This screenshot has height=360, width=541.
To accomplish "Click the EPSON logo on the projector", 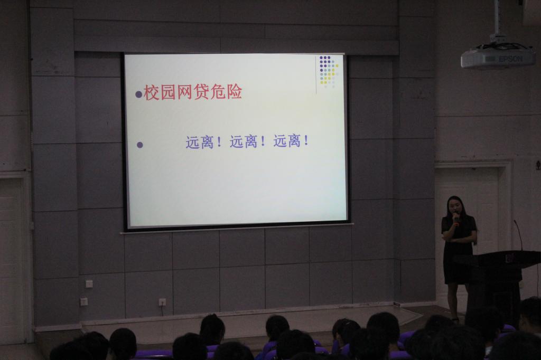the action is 511,59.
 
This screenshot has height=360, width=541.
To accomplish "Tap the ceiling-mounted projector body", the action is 498,56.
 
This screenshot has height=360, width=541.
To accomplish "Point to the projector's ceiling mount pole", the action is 498,19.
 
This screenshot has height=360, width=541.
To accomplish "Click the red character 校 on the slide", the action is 152,92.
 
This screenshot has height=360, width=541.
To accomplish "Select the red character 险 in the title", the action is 235,92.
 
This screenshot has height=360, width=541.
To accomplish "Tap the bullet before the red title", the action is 139,94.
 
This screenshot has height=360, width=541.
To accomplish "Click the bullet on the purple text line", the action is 139,145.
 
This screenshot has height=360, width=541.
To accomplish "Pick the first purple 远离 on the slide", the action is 200,142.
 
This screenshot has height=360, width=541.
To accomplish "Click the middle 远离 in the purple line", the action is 243,141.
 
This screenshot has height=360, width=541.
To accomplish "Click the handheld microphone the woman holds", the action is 456,219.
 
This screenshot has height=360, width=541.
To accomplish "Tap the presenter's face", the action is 454,206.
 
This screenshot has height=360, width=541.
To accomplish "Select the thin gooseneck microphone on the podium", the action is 518,234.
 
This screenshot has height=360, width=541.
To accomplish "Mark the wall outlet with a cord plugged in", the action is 162,302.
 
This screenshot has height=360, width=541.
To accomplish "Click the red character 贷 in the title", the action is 201,92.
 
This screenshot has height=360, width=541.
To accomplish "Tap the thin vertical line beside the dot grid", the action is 316,75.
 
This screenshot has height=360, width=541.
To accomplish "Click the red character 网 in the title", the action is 184,92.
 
